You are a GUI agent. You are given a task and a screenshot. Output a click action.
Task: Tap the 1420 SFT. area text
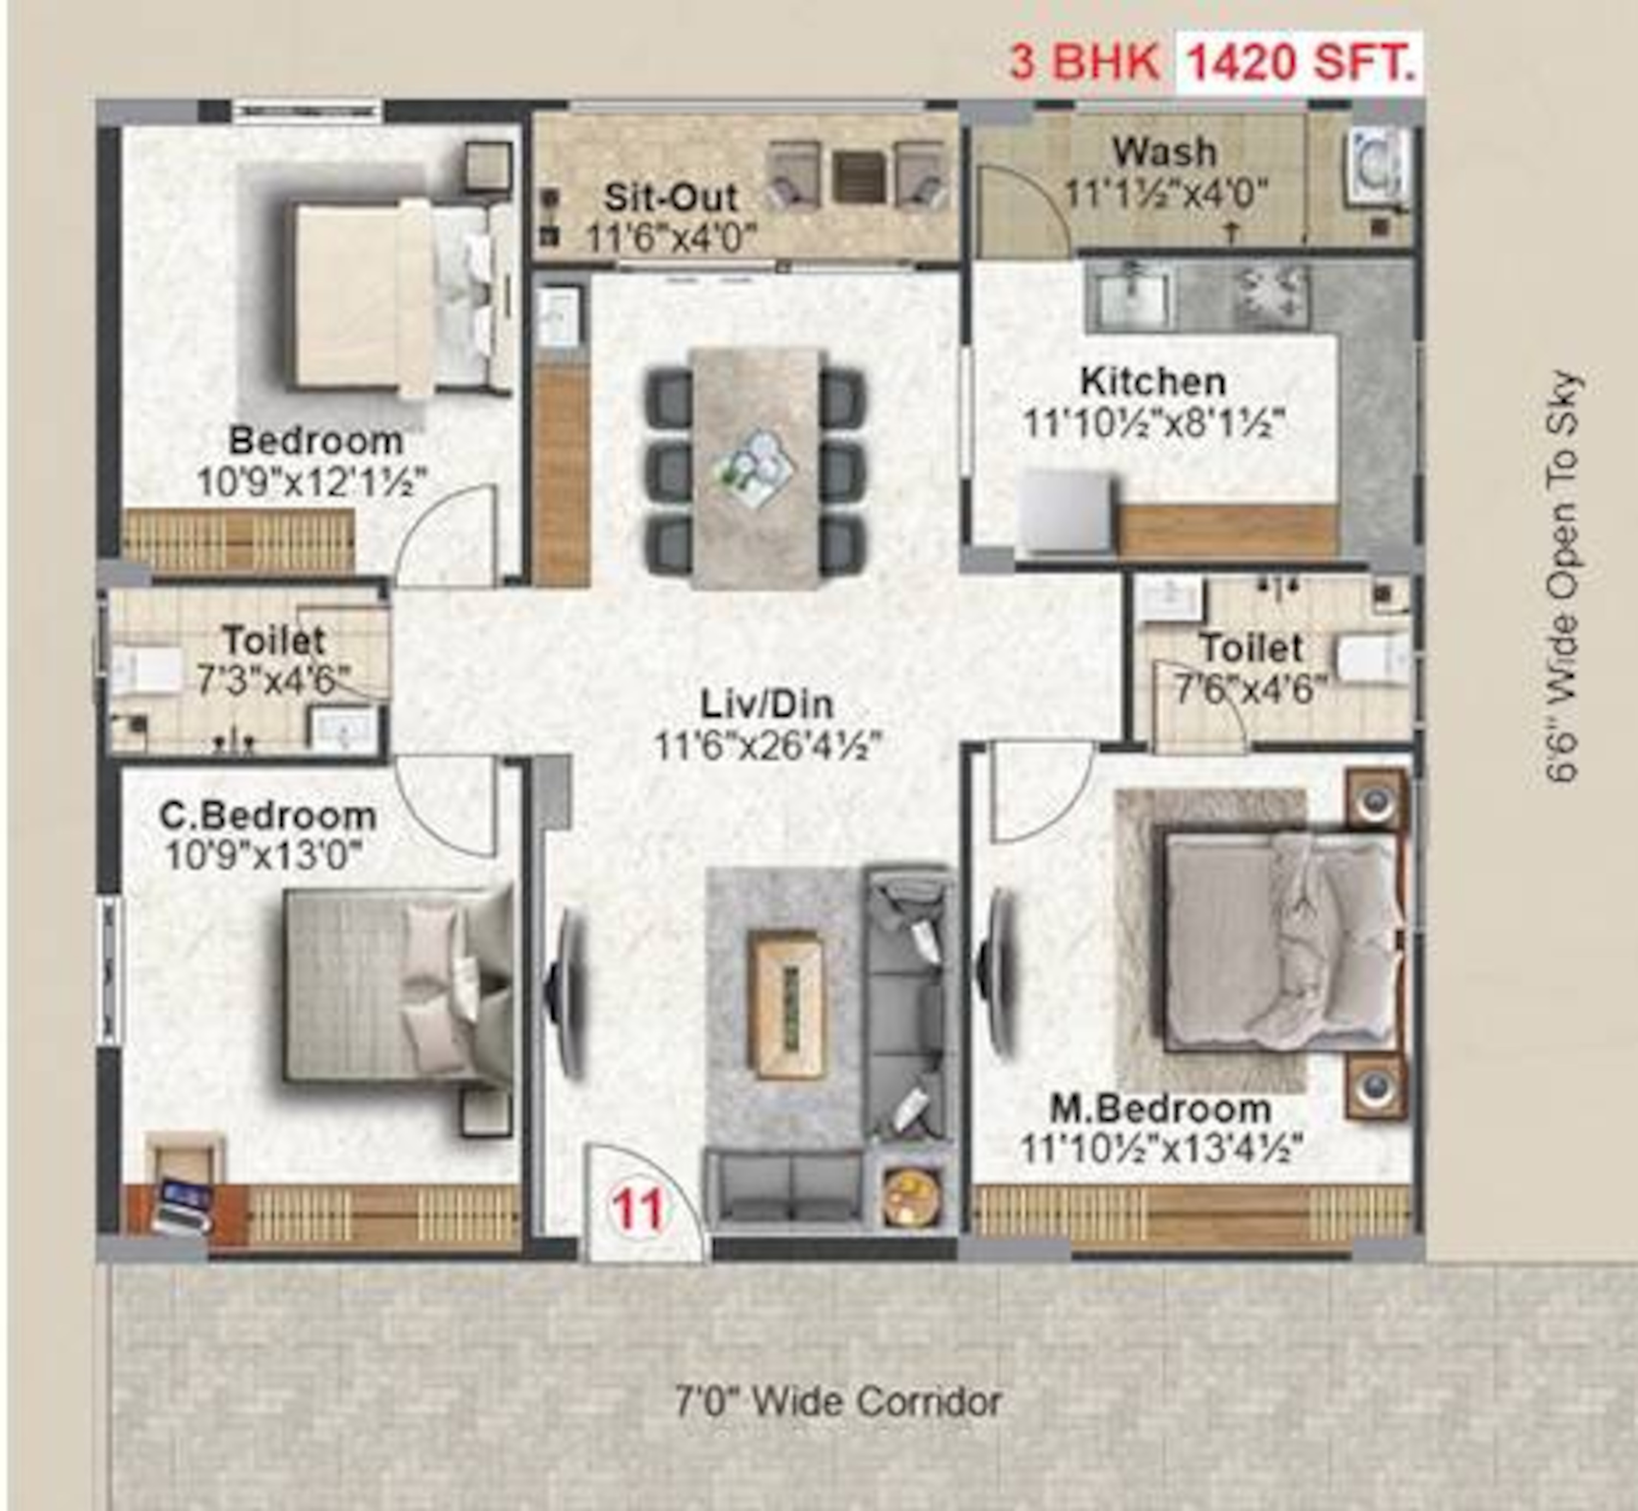tap(1300, 61)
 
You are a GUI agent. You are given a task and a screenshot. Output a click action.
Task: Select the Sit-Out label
tap(670, 197)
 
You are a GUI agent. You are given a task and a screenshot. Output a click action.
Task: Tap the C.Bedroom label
tap(268, 815)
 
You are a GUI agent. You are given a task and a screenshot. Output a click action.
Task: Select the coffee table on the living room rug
tap(787, 1005)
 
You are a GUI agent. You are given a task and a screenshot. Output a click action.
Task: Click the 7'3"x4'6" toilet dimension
tap(275, 680)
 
